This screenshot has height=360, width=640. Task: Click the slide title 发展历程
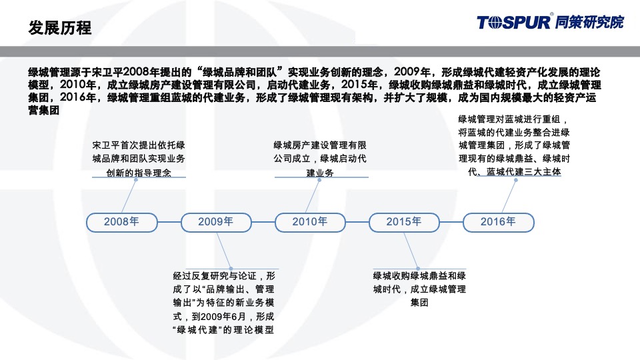61,29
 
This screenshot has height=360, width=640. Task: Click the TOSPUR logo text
513,22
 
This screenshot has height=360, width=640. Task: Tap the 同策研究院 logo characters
589,22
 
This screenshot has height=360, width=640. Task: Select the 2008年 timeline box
121,222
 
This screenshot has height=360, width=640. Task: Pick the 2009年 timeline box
216,222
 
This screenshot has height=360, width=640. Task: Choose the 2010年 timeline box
310,222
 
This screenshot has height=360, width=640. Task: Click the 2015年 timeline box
404,222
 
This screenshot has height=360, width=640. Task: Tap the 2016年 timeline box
498,222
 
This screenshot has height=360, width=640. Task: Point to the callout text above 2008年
138,159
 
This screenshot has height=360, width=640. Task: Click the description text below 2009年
223,303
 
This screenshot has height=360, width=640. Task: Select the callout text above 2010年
320,159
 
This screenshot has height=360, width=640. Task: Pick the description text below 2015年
419,289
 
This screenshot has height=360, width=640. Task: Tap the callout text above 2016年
513,145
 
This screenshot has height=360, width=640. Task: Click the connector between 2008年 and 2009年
169,222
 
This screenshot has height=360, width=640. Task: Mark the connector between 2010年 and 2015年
357,222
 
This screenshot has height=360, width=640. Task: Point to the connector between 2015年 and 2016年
451,222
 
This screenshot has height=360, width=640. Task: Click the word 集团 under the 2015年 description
419,303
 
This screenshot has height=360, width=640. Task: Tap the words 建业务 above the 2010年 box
320,173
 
